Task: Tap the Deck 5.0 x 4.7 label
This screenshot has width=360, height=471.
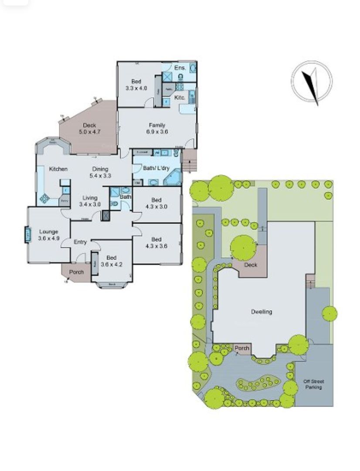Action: coord(89,129)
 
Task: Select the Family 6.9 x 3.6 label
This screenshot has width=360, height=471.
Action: coord(157,128)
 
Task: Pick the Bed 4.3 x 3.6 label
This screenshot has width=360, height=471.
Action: coord(156,242)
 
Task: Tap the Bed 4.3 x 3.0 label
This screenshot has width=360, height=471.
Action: coord(156,204)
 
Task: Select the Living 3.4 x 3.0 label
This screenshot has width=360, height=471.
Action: coord(90,201)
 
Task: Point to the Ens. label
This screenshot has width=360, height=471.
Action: coord(180,68)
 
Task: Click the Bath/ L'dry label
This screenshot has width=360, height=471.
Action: coord(156,167)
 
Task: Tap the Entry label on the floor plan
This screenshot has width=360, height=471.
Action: coord(80,242)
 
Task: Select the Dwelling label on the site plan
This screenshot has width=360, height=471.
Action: coord(262,311)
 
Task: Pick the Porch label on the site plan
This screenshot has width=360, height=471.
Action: coord(242,348)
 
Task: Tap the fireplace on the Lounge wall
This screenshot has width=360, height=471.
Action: coord(27,236)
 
